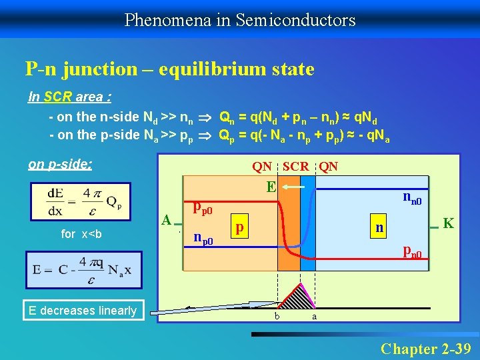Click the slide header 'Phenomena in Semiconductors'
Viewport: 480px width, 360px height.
(240, 20)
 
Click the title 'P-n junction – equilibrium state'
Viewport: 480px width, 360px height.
(169, 68)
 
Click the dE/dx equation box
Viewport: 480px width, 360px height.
(85, 201)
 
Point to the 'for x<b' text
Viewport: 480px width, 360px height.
(81, 234)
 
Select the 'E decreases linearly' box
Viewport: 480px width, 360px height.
(83, 310)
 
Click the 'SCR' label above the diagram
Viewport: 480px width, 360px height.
(296, 167)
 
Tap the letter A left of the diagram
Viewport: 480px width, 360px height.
(167, 219)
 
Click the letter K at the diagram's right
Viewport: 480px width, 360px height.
(448, 223)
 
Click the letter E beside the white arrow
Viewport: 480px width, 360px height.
(271, 187)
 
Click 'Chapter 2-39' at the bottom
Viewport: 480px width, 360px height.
(425, 348)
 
